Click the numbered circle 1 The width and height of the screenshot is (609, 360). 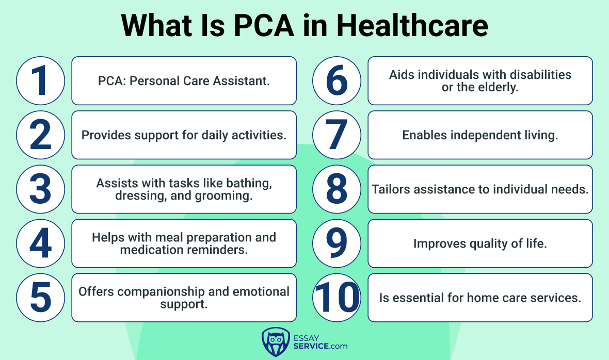click(x=40, y=80)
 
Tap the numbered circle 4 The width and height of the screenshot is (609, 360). click(x=40, y=243)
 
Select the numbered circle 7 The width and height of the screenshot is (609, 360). click(x=336, y=135)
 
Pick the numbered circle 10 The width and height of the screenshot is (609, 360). click(x=336, y=298)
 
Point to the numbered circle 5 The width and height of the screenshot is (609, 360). click(x=40, y=298)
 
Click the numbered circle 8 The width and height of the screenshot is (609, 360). click(x=336, y=189)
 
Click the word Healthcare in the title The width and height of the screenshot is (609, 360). click(x=412, y=26)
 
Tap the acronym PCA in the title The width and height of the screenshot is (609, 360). click(x=264, y=26)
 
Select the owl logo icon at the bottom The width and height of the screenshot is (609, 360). click(x=276, y=342)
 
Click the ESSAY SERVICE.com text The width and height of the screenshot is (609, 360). click(x=320, y=342)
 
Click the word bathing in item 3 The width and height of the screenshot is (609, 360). click(x=249, y=183)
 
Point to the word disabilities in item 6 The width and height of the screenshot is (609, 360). click(x=540, y=74)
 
